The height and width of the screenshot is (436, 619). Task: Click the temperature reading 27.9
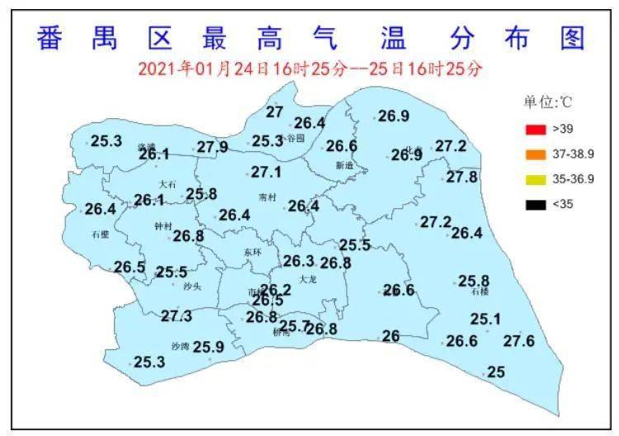pos(212,148)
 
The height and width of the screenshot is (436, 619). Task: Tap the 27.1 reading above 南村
pos(266,173)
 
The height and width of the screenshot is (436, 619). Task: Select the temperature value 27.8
pos(461,177)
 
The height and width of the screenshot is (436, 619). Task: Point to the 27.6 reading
pos(519,341)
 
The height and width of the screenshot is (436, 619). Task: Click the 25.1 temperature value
pos(485,319)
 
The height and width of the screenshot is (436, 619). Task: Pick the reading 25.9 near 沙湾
pos(209,347)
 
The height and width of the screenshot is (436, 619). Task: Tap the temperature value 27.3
pos(177,315)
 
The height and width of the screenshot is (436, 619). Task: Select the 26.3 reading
pos(299,261)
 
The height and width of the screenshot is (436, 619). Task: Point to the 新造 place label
pos(343,165)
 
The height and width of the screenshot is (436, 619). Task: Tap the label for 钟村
pos(163,225)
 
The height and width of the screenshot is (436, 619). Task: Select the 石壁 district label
pos(100,235)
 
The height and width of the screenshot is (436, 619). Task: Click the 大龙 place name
pos(308,279)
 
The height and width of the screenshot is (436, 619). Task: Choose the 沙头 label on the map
pos(192,286)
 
